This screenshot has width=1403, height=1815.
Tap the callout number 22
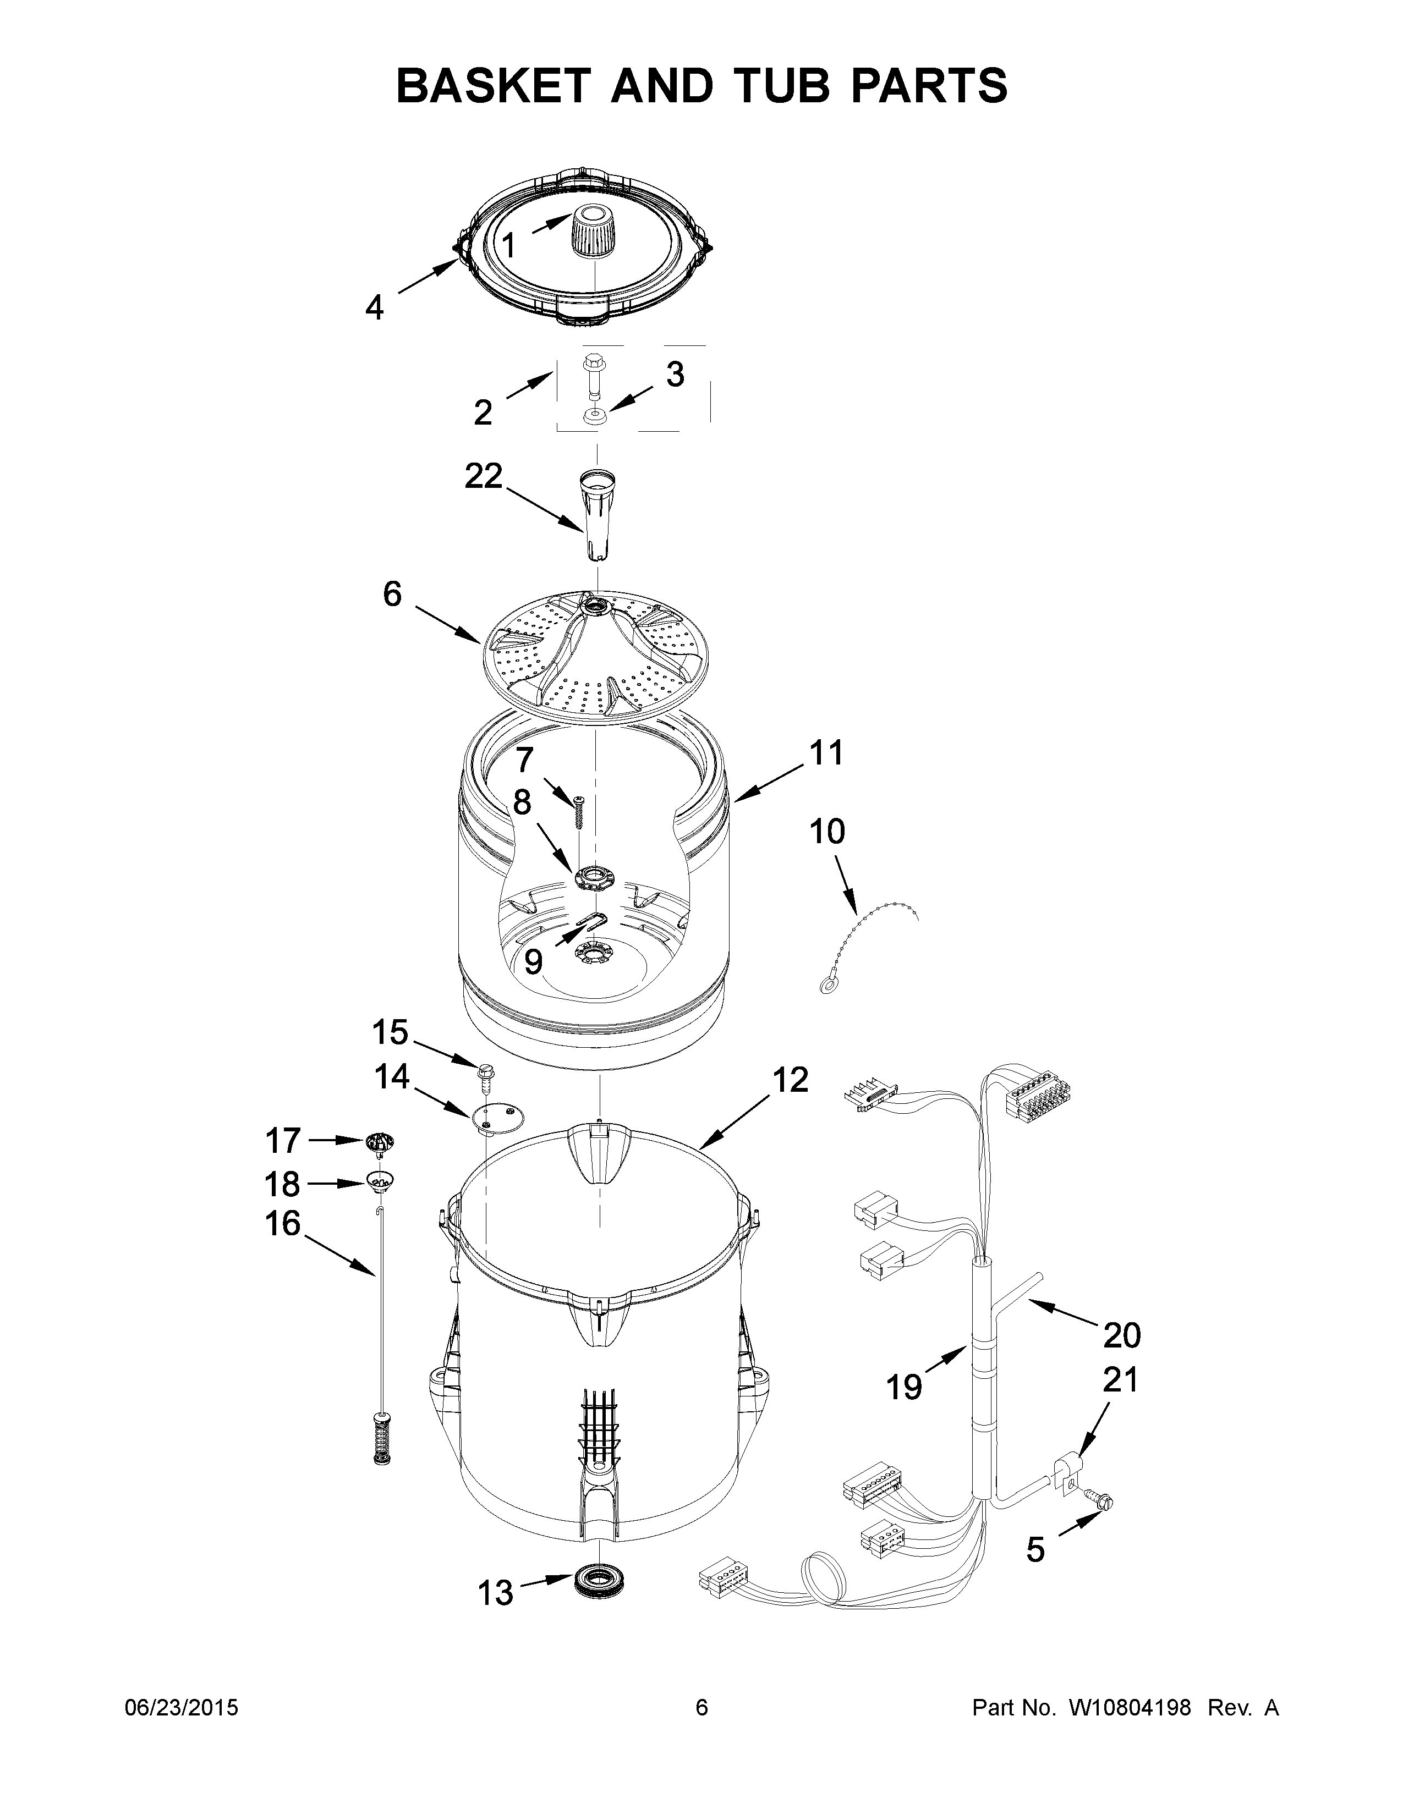click(x=484, y=476)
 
